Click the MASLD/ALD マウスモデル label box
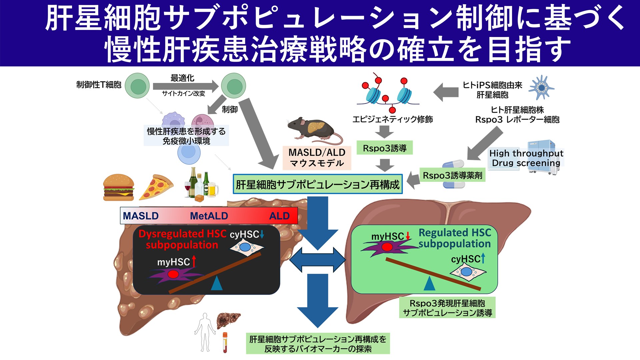click(316, 158)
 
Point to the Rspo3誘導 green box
click(384, 148)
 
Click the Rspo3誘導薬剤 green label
click(452, 175)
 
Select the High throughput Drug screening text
click(526, 158)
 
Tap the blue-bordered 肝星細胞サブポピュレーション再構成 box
click(317, 184)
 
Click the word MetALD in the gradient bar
click(209, 216)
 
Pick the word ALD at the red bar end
click(279, 216)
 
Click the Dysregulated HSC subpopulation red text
click(182, 239)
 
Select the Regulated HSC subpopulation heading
click(454, 238)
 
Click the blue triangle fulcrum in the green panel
click(429, 284)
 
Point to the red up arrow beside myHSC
click(194, 262)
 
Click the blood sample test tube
click(225, 342)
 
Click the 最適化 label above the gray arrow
click(182, 78)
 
